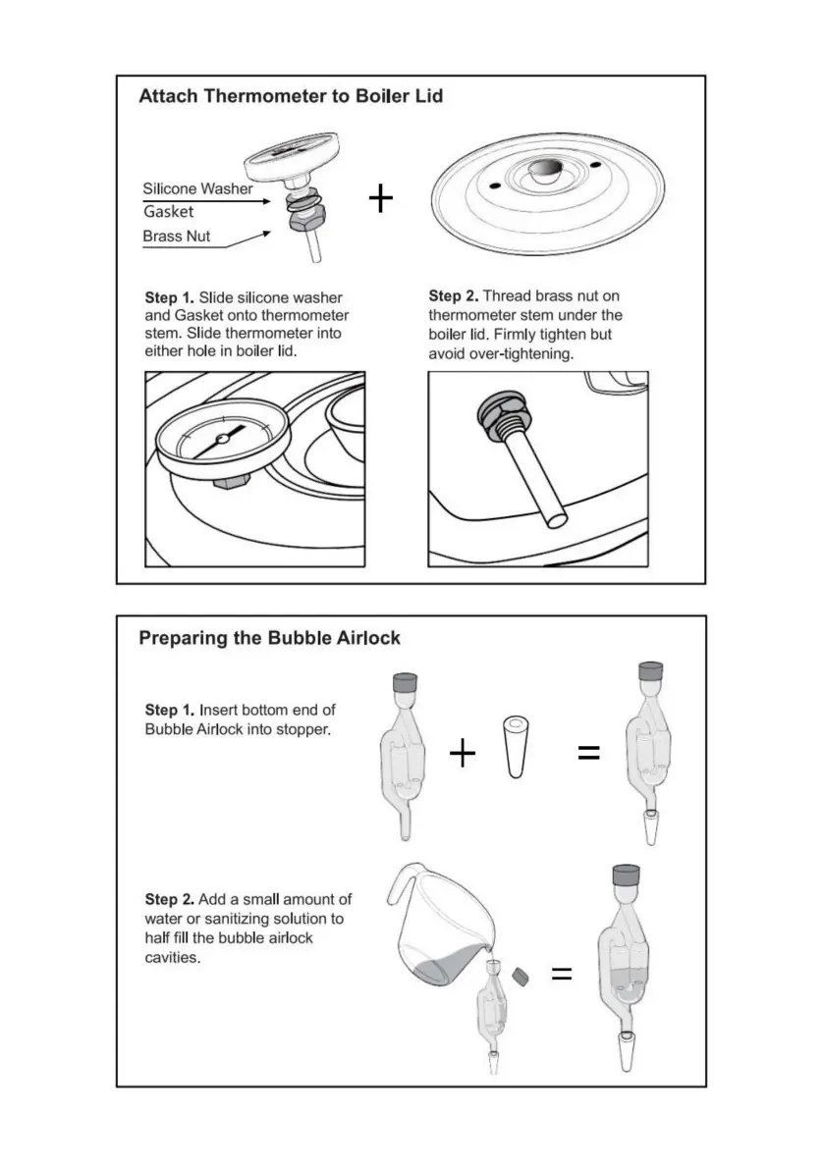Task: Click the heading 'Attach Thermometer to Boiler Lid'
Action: pyautogui.click(x=291, y=96)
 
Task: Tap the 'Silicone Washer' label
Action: pyautogui.click(x=197, y=188)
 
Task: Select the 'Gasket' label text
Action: pyautogui.click(x=168, y=212)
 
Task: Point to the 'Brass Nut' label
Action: pyautogui.click(x=177, y=237)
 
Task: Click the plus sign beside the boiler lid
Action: pyautogui.click(x=381, y=199)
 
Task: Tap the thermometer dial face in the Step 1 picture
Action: pyautogui.click(x=222, y=438)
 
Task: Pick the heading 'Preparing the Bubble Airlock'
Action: pyautogui.click(x=269, y=638)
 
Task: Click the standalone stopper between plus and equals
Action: pyautogui.click(x=513, y=747)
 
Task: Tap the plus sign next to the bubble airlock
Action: pyautogui.click(x=462, y=754)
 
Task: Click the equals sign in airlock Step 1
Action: pyautogui.click(x=588, y=754)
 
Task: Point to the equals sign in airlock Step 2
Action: pyautogui.click(x=561, y=975)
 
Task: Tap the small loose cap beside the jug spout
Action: pyautogui.click(x=521, y=976)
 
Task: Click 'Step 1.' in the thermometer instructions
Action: pyautogui.click(x=170, y=296)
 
